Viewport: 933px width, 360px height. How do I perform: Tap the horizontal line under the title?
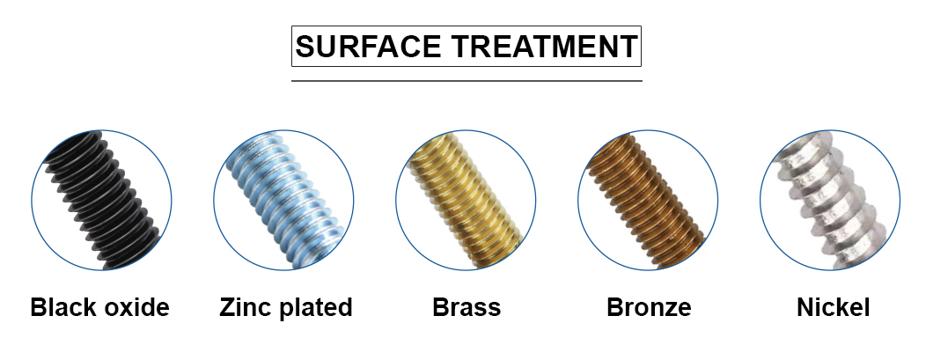[466, 80]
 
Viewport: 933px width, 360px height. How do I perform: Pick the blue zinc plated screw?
[283, 200]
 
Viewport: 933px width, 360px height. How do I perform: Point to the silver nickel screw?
[829, 200]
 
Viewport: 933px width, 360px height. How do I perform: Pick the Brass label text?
[466, 308]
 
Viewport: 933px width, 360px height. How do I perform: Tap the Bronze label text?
[649, 308]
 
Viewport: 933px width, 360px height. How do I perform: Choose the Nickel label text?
[833, 308]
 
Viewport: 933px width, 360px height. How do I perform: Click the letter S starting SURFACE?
[305, 47]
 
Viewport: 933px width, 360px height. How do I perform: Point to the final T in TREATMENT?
[628, 47]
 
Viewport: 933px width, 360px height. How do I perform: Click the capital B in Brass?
[441, 308]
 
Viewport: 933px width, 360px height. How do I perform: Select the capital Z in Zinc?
[228, 308]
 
